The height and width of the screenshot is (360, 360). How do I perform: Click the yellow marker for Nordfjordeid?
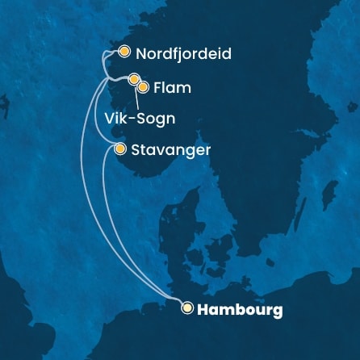pyautogui.click(x=123, y=52)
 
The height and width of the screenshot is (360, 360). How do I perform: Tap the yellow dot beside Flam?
pyautogui.click(x=143, y=86)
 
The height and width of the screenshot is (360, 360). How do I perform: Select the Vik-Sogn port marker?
pyautogui.click(x=134, y=79)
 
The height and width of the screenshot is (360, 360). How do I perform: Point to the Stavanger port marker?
pyautogui.click(x=119, y=149)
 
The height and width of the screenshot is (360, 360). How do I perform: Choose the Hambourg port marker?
pyautogui.click(x=187, y=308)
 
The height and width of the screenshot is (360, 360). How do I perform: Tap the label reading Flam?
pyautogui.click(x=172, y=87)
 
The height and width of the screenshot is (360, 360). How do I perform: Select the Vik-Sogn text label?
pyautogui.click(x=140, y=118)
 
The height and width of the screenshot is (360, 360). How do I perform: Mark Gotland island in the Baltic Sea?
pyautogui.click(x=329, y=194)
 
